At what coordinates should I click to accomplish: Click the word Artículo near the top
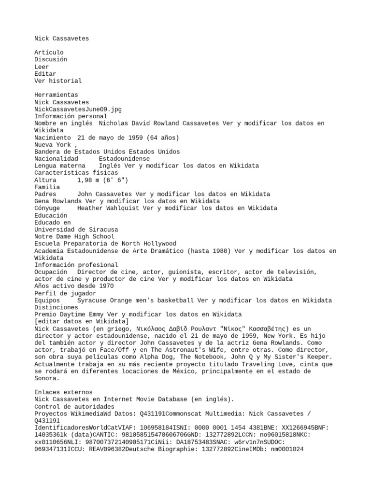point(49,52)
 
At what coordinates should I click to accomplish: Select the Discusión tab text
point(51,59)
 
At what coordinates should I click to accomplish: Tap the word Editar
point(45,74)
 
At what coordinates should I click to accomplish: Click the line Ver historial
point(58,81)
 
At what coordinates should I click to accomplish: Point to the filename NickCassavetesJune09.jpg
point(78,109)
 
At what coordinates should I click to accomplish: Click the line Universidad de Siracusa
point(76,230)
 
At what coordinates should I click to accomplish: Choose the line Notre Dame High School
point(74,237)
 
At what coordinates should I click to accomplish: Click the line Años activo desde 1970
point(74,286)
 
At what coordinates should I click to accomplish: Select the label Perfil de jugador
point(65,293)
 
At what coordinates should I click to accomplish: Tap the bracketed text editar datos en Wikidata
point(82,322)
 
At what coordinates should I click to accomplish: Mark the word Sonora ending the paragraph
point(45,378)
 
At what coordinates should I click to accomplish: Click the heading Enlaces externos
point(63,392)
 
